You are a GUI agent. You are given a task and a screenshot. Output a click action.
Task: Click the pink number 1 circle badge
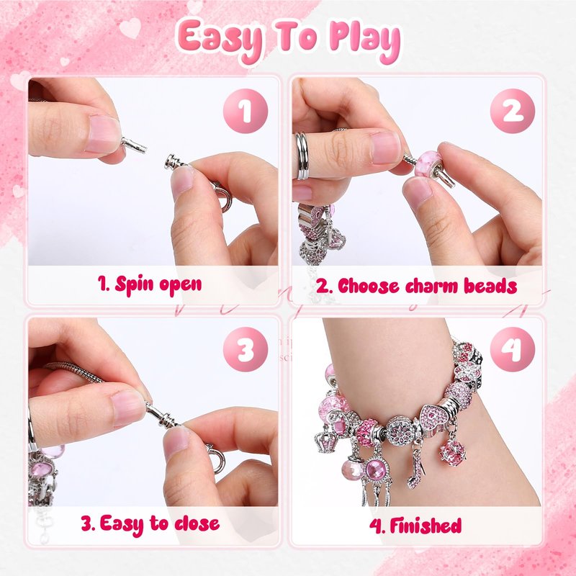point(246,111)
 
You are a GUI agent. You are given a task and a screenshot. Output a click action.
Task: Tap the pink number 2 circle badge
point(513,111)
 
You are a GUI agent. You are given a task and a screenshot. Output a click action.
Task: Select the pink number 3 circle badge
point(246,349)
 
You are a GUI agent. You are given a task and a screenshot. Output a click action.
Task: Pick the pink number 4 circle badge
point(513,349)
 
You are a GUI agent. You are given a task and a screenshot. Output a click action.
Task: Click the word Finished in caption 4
point(426,526)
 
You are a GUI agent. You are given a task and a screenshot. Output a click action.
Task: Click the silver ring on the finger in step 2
point(302,156)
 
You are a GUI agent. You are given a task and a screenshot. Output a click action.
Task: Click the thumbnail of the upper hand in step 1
point(104,134)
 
